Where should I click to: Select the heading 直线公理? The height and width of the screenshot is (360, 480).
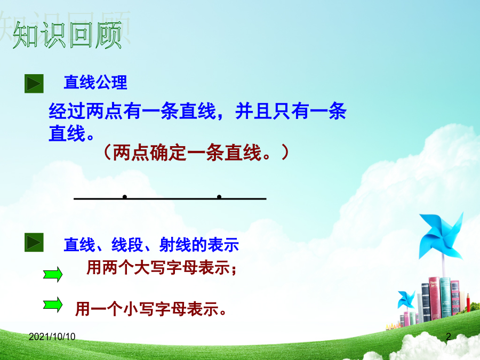click(x=95, y=82)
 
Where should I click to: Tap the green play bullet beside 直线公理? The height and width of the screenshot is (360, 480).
click(x=34, y=84)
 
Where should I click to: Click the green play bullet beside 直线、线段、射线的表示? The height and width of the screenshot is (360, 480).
click(x=34, y=243)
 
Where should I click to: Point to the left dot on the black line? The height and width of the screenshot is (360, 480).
click(x=125, y=196)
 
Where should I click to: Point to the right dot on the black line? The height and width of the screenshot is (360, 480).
click(x=219, y=196)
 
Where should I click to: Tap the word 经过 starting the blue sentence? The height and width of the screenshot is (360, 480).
click(x=67, y=111)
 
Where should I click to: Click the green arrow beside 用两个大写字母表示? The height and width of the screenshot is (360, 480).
click(x=53, y=274)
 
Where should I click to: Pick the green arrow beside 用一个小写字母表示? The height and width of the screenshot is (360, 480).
click(x=53, y=305)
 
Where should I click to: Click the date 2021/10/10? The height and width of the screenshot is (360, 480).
click(x=52, y=337)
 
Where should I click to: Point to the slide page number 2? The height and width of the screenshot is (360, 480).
click(x=449, y=337)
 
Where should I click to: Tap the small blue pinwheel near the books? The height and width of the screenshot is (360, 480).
click(x=406, y=299)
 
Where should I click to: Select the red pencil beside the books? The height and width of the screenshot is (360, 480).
click(x=468, y=302)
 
